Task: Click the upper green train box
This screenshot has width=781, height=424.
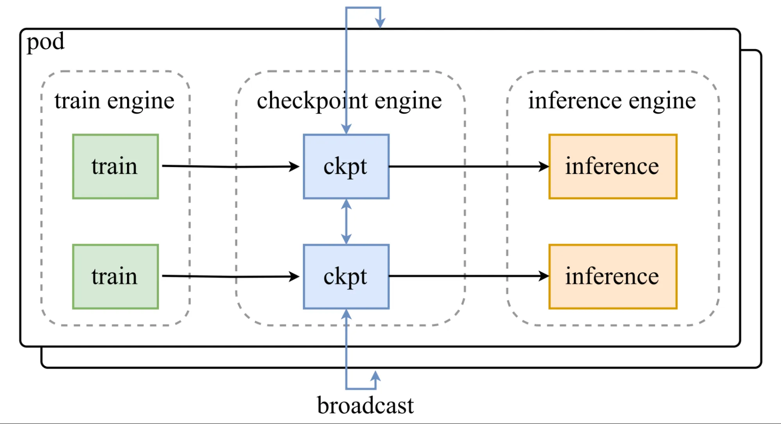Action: (x=115, y=167)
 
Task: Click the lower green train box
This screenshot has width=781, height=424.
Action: (x=115, y=277)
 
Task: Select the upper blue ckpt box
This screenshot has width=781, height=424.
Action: (x=346, y=167)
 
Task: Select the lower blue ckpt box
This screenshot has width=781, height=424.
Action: (x=346, y=277)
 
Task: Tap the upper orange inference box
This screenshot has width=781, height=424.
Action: (x=613, y=167)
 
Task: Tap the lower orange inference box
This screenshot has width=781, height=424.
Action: (x=613, y=277)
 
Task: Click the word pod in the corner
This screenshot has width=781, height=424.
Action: (x=45, y=41)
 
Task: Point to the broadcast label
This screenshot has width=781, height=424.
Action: (x=365, y=405)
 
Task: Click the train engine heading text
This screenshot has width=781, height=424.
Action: (x=114, y=101)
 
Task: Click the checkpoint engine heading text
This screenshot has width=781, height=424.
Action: (x=349, y=101)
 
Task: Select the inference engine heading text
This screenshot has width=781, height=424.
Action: (x=612, y=101)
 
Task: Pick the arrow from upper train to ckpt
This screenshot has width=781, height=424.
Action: (x=231, y=167)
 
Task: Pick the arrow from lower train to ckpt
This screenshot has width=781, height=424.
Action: (x=231, y=277)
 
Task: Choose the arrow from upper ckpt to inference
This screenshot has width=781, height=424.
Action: (x=469, y=166)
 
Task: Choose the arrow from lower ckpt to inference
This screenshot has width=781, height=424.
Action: (x=469, y=276)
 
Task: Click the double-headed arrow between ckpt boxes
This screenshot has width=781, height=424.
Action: (x=346, y=222)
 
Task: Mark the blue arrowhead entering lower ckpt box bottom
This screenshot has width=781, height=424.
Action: (x=346, y=314)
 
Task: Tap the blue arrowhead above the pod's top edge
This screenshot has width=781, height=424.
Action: (x=380, y=23)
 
